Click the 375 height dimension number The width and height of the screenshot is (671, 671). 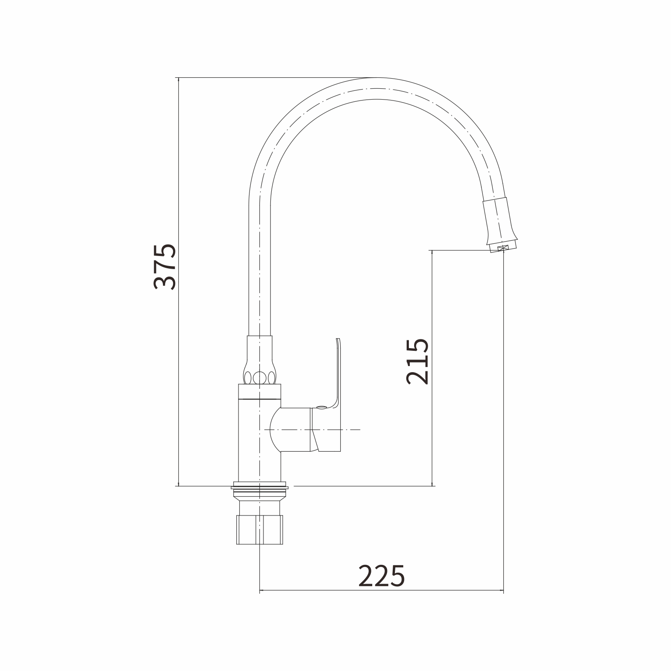pyautogui.click(x=165, y=266)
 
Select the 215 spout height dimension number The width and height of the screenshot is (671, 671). pyautogui.click(x=418, y=361)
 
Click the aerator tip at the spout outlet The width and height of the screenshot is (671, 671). pyautogui.click(x=503, y=248)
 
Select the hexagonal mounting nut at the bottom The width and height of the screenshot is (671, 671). pyautogui.click(x=259, y=530)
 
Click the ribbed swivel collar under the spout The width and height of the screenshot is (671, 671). pyautogui.click(x=259, y=360)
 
